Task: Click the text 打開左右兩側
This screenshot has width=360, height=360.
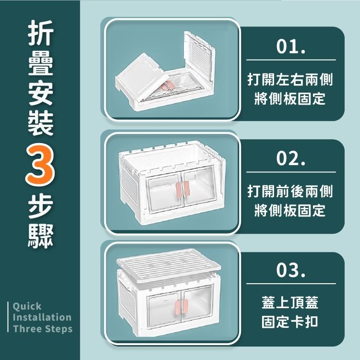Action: pyautogui.click(x=290, y=80)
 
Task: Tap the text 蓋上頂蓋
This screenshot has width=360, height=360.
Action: pyautogui.click(x=290, y=302)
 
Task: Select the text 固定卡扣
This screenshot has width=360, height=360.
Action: pyautogui.click(x=290, y=321)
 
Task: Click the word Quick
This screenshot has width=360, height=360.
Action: pyautogui.click(x=27, y=306)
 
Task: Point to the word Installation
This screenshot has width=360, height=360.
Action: pyautogui.click(x=42, y=317)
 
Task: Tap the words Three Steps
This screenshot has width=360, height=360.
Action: pyautogui.click(x=43, y=329)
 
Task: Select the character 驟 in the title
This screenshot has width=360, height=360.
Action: pyautogui.click(x=40, y=234)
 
